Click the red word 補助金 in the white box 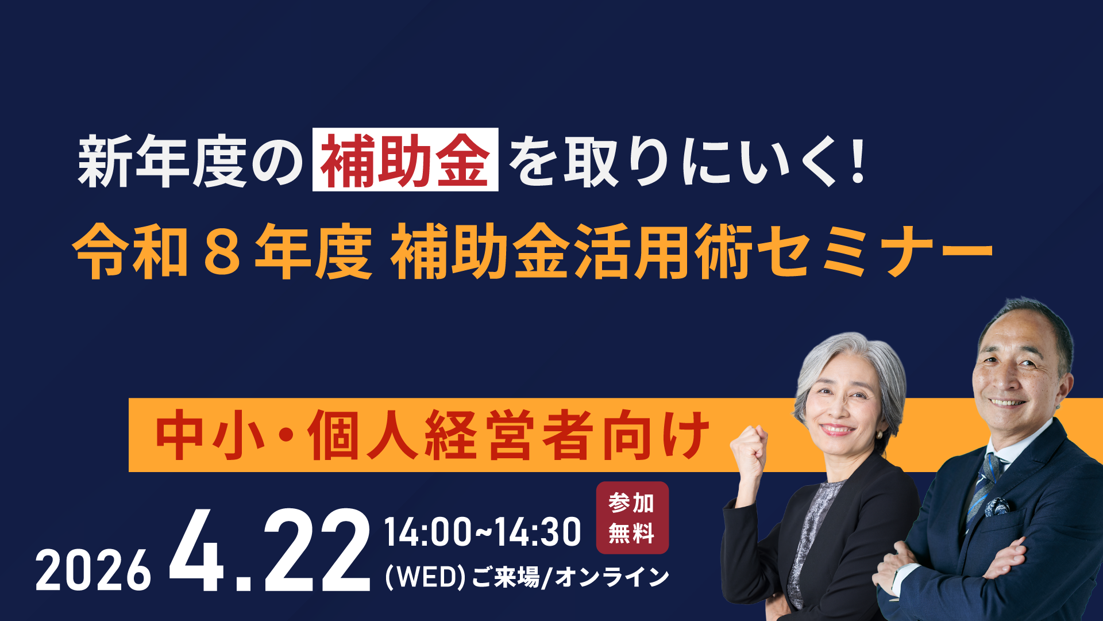click(405, 160)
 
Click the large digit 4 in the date click(197, 551)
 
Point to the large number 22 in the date click(317, 551)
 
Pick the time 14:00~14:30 click(482, 532)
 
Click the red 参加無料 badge click(632, 517)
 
